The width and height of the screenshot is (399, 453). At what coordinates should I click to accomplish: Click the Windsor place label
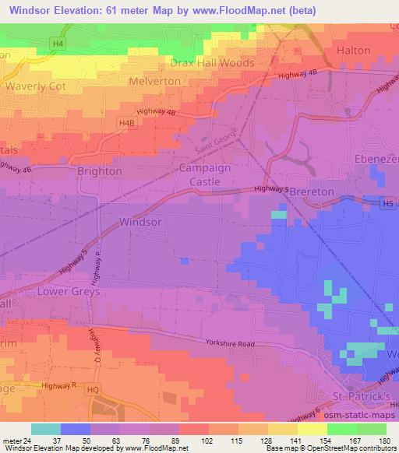pyautogui.click(x=141, y=222)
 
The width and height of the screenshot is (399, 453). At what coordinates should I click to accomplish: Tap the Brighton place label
pyautogui.click(x=99, y=170)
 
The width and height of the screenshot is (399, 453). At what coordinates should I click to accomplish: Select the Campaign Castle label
pyautogui.click(x=206, y=174)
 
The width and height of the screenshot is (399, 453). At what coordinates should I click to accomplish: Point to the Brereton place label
pyautogui.click(x=312, y=191)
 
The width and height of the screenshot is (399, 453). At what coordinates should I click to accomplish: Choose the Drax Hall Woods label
pyautogui.click(x=212, y=62)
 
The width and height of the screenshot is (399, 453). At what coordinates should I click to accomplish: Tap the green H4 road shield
pyautogui.click(x=58, y=44)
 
